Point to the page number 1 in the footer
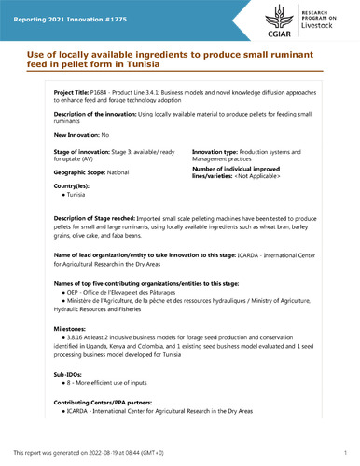point(344,452)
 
